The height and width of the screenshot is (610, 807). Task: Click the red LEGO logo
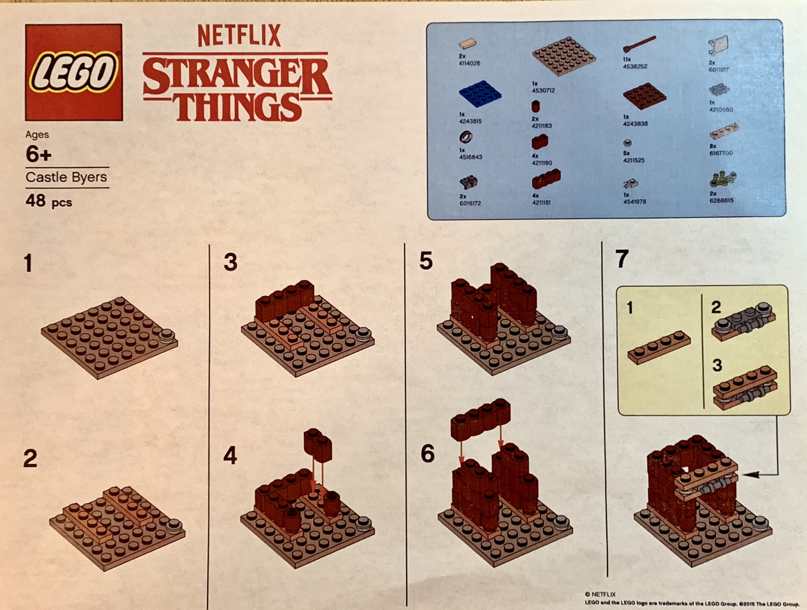[74, 72]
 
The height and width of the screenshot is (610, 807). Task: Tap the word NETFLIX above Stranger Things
[239, 36]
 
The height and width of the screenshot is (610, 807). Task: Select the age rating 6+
[38, 154]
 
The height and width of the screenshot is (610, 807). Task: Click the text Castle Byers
[66, 177]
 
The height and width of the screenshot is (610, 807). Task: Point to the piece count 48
[35, 201]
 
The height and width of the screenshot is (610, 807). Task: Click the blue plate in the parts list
[480, 94]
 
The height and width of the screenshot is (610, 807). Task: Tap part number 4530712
[543, 90]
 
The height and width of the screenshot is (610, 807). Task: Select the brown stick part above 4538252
[639, 44]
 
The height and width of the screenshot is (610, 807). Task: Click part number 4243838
[635, 124]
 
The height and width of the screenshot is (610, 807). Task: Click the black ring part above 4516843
[465, 137]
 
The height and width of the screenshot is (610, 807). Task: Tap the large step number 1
[28, 263]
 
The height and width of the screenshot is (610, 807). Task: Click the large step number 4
[230, 456]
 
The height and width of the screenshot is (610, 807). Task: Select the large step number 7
[621, 259]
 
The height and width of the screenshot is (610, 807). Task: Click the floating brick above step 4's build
[318, 445]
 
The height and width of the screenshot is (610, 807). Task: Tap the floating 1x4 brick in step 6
[480, 418]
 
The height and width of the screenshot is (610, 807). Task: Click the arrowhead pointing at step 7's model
[750, 475]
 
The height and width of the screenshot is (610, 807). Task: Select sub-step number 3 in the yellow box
[717, 365]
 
